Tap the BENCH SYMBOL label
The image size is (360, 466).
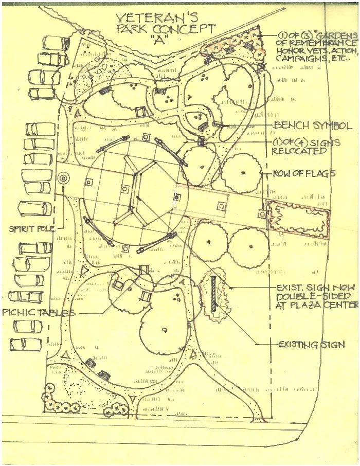click(313, 126)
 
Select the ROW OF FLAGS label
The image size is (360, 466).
click(304, 174)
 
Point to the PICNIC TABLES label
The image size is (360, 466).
click(39, 313)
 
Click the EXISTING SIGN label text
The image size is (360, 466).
click(311, 344)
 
